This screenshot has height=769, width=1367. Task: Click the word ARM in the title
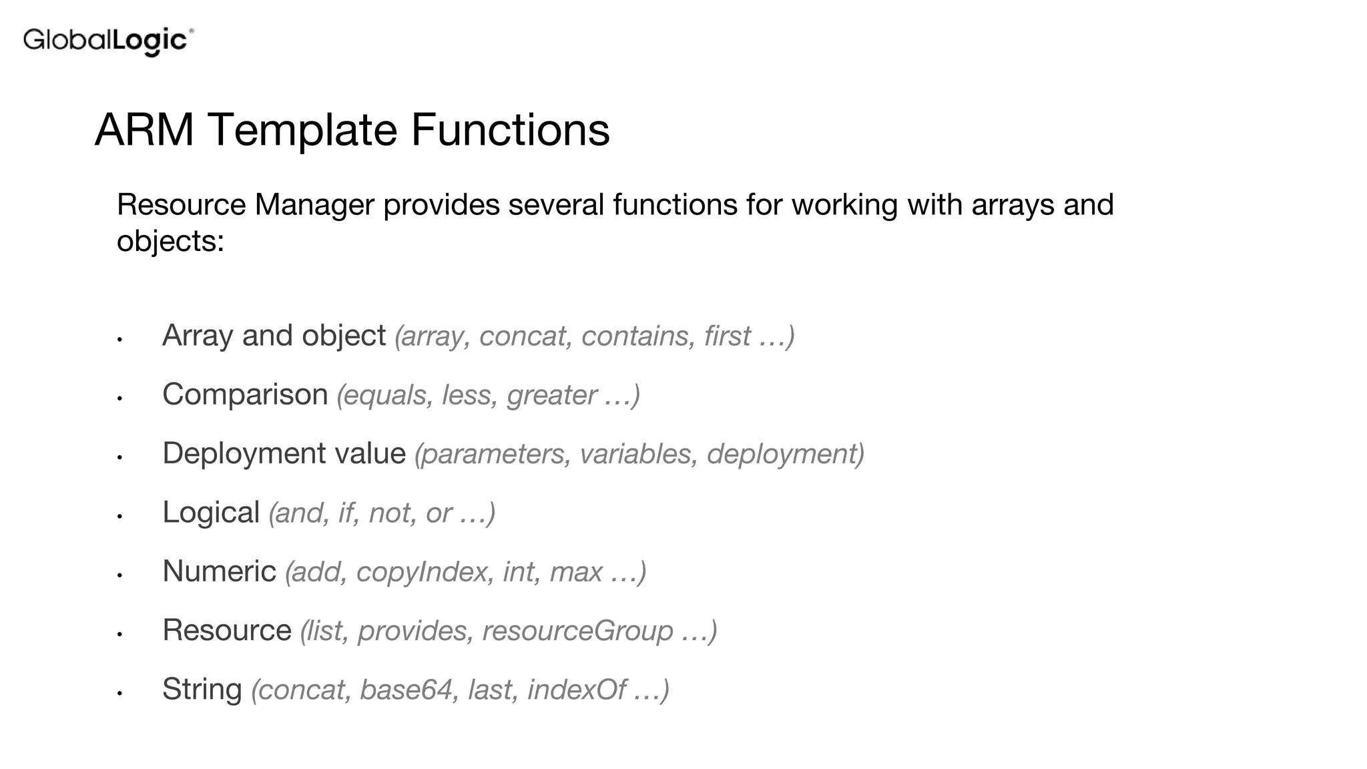tap(144, 130)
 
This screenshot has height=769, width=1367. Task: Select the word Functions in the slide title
tap(510, 130)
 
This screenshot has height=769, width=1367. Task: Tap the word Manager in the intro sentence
tap(314, 204)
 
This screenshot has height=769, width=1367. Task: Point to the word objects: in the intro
tap(170, 240)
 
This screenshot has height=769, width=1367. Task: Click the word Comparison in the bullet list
tap(245, 395)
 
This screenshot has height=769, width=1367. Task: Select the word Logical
tap(211, 513)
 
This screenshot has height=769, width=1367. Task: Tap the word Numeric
tap(219, 571)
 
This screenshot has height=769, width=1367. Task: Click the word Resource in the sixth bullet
tap(227, 630)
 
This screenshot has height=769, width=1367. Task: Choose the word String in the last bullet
tap(202, 690)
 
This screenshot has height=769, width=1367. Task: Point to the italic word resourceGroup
tap(577, 631)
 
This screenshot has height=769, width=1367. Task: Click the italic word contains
tap(639, 336)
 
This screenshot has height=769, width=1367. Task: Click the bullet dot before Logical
tap(119, 516)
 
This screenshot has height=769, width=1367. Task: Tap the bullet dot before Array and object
tap(119, 339)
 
